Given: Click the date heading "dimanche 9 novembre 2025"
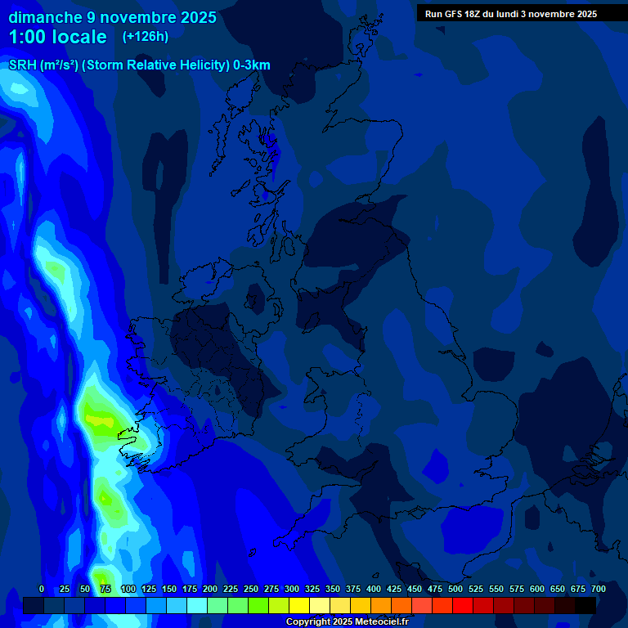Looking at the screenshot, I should click(113, 17).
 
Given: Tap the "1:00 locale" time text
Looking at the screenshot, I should click(57, 37).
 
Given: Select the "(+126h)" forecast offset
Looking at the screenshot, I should click(145, 37).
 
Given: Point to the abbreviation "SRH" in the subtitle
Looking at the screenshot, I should click(21, 65).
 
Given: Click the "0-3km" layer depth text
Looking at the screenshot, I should click(252, 65).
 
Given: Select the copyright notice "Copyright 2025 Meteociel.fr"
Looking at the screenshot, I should click(347, 621).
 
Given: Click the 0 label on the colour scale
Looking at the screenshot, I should click(42, 589).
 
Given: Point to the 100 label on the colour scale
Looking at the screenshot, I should click(128, 589).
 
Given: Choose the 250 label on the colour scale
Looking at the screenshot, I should click(251, 589).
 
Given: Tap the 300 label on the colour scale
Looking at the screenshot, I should click(292, 589).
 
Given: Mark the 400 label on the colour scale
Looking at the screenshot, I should click(374, 589).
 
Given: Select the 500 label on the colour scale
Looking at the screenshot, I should click(455, 589).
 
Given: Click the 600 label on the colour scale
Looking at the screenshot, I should click(537, 589).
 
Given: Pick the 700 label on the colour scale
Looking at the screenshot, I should click(599, 589).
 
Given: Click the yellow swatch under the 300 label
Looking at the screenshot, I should click(299, 605).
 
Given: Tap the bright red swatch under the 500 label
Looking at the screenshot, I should click(463, 605).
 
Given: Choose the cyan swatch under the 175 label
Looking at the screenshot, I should click(197, 605).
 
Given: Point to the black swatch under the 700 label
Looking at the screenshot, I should click(585, 605).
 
